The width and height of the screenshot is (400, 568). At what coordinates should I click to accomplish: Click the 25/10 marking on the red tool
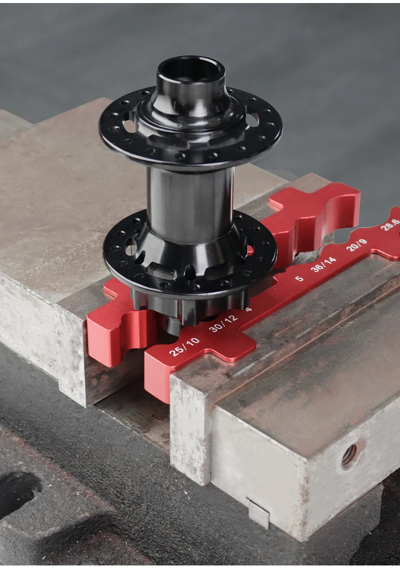pyautogui.click(x=184, y=346)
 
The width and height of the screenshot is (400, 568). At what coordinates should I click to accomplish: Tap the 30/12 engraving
pyautogui.click(x=223, y=323)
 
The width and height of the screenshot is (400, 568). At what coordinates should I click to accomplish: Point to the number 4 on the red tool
pyautogui.click(x=249, y=309)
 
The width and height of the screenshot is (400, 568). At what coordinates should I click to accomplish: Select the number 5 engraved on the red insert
pyautogui.click(x=299, y=278)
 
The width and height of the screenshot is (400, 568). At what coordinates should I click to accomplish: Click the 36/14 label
pyautogui.click(x=324, y=264)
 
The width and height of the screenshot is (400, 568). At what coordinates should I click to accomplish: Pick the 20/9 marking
pyautogui.click(x=356, y=245)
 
